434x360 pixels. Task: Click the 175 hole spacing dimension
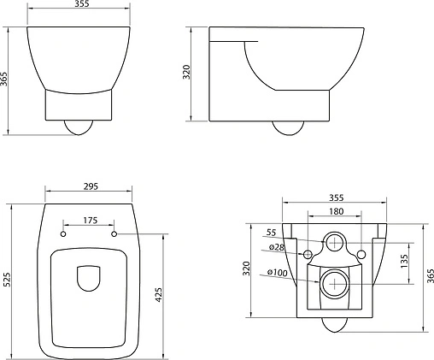click(88, 221)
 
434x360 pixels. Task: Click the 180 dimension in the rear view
click(334, 212)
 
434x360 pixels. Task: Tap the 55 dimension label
click(273, 233)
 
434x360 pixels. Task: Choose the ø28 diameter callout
click(276, 247)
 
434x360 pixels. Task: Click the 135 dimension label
click(404, 258)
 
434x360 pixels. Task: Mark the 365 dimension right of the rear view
click(430, 274)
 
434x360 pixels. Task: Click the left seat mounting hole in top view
click(64, 233)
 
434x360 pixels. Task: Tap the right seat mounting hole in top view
click(113, 233)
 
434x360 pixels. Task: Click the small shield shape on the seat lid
click(88, 280)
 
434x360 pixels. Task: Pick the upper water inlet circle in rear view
click(335, 243)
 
